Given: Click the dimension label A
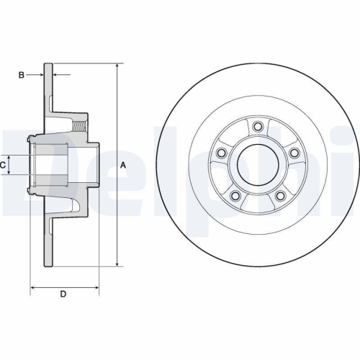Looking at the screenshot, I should [123, 165].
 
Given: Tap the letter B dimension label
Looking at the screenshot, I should [22, 74].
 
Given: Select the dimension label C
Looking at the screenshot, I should [4, 165].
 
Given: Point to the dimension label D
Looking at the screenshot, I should [63, 294].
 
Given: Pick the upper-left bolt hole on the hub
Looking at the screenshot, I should [222, 153].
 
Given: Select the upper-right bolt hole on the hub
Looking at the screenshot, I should [294, 153].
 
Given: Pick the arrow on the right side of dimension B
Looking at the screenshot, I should [58, 74].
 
